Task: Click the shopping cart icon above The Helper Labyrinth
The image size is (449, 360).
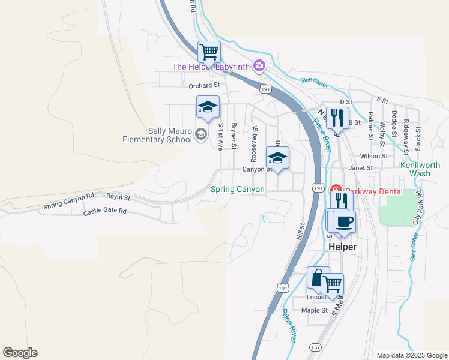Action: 209,52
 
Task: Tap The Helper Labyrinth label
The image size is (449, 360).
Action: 211,67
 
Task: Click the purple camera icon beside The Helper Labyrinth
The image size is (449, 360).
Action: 259,66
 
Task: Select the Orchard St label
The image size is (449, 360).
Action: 205,86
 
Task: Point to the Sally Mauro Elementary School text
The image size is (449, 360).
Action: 156,136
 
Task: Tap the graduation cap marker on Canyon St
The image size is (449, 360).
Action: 277,158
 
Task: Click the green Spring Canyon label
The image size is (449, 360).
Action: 238,190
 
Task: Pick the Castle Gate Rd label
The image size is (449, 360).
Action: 105,211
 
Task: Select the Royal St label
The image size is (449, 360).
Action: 118,196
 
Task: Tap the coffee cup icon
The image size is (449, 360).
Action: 345,221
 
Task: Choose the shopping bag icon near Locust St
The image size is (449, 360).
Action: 317,277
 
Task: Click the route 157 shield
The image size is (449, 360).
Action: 316,347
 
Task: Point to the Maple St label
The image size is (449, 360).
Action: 315,310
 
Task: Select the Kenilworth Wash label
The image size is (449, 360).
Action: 420,169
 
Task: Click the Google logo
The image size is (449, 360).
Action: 20,353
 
